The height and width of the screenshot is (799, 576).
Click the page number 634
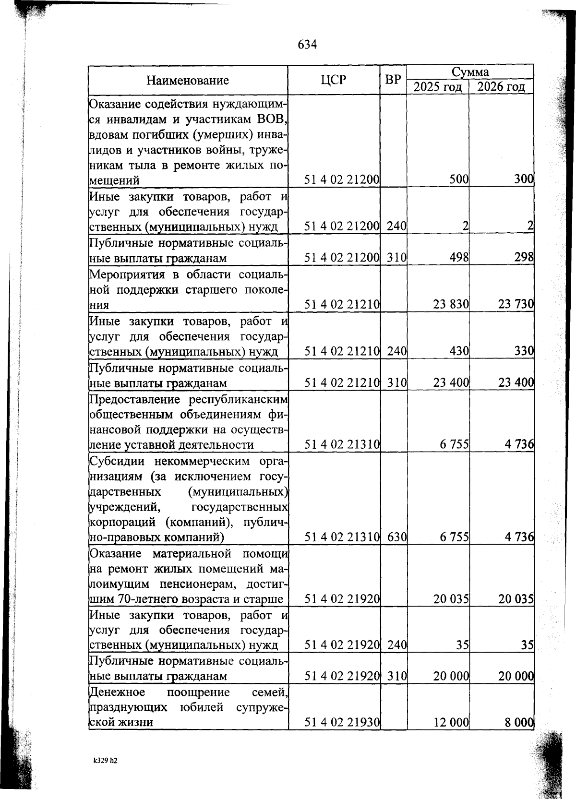307,45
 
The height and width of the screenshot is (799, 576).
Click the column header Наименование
188,80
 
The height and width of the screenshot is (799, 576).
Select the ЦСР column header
333,80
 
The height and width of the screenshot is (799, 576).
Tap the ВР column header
393,80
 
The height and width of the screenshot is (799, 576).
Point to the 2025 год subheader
437,87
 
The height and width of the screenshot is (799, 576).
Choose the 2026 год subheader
501,87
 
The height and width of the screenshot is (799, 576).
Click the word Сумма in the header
470,72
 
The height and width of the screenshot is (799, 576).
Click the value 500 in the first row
459,179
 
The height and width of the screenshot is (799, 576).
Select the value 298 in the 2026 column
524,258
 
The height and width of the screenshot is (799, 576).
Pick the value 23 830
451,304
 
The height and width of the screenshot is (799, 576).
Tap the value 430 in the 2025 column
459,351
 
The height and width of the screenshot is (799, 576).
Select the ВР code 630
397,537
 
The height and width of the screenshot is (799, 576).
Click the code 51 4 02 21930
342,722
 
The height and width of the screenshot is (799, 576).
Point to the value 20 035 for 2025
451,598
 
